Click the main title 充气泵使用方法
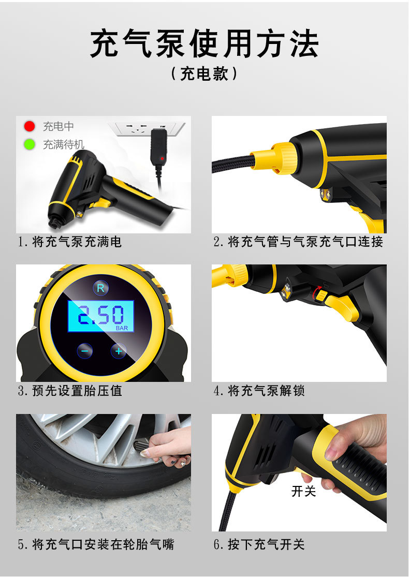coord(204,44)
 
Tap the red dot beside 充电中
coord(30,126)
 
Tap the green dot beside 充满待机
coord(30,144)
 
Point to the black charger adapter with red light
coord(159,150)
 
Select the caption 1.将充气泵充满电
coord(70,242)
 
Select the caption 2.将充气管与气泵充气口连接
coord(299,242)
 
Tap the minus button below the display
coord(85,351)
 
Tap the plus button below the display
coord(119,351)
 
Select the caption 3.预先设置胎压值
coord(70,391)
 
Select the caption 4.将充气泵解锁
coord(259,391)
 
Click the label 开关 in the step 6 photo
coord(303,491)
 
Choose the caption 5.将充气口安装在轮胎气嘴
coord(96,544)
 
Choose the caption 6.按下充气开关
coord(259,544)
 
